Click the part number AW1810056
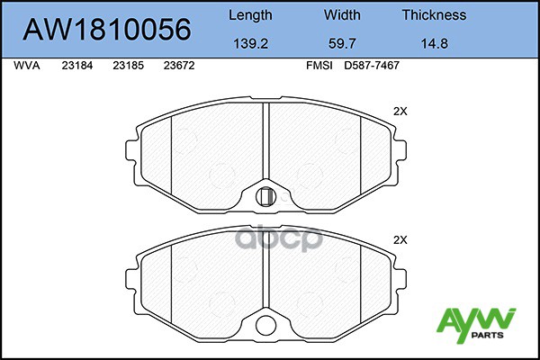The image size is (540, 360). pyautogui.click(x=107, y=29)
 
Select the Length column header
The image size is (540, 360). pyautogui.click(x=250, y=15)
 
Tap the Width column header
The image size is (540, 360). pyautogui.click(x=342, y=14)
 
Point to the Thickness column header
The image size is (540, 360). pyautogui.click(x=435, y=14)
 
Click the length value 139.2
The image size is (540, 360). pyautogui.click(x=251, y=43)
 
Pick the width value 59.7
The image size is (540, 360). pyautogui.click(x=342, y=43)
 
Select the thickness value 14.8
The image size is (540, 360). pyautogui.click(x=435, y=43)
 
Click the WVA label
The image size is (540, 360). pyautogui.click(x=27, y=66)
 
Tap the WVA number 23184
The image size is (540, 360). pyautogui.click(x=77, y=66)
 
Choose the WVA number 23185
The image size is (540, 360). pyautogui.click(x=128, y=66)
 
